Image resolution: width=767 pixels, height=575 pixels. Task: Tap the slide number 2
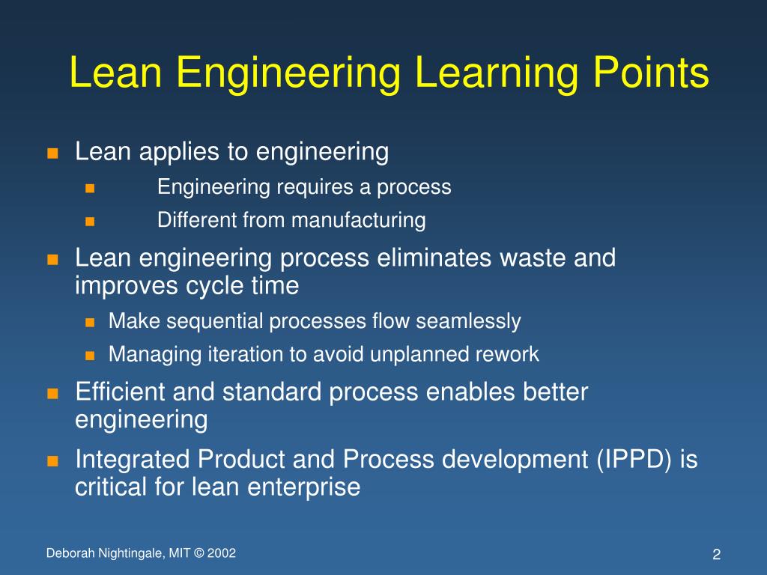pyautogui.click(x=716, y=555)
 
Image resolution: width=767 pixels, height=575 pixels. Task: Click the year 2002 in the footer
pyautogui.click(x=221, y=553)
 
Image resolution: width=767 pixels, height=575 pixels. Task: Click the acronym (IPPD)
pyautogui.click(x=637, y=460)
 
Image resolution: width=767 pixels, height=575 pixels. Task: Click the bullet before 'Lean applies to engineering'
pyautogui.click(x=52, y=154)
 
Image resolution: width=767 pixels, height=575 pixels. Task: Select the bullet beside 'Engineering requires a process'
pyautogui.click(x=91, y=188)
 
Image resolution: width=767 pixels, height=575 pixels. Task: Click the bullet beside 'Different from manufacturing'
pyautogui.click(x=91, y=222)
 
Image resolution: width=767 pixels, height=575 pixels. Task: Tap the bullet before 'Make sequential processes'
pyautogui.click(x=91, y=323)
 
